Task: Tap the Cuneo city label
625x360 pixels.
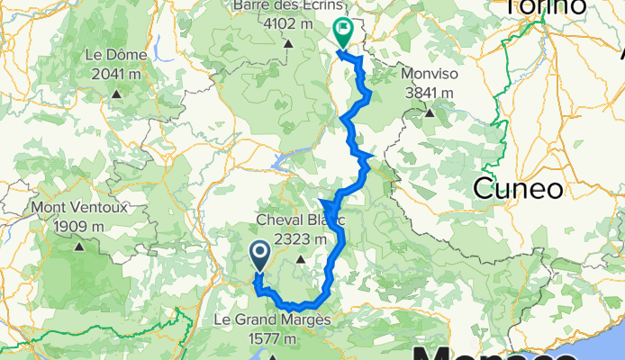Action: (x=518, y=189)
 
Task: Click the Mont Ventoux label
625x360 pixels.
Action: (x=79, y=208)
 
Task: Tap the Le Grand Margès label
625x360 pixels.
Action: (x=272, y=320)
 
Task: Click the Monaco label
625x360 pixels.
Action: (x=504, y=350)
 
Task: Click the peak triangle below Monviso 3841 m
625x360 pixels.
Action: (x=430, y=113)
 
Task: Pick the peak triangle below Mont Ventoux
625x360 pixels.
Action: (x=79, y=246)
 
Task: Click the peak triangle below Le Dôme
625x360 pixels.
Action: (x=117, y=94)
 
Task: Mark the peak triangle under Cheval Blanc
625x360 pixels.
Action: (x=300, y=262)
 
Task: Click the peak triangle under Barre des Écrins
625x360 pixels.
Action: (x=288, y=43)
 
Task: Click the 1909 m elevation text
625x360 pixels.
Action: (x=79, y=227)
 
